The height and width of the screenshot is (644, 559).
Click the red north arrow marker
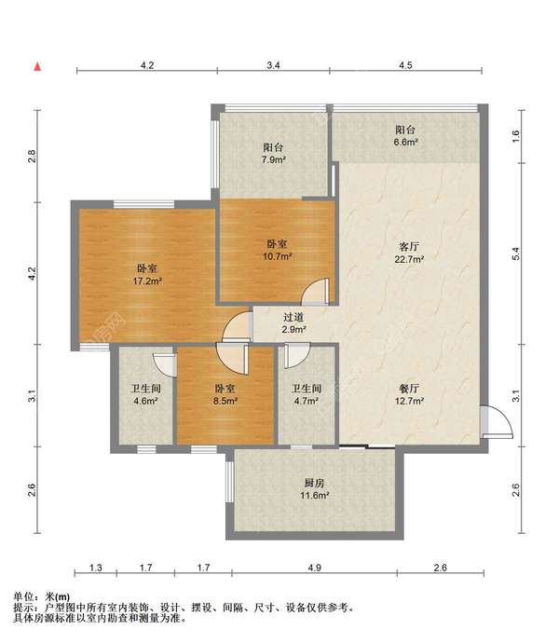[38, 66]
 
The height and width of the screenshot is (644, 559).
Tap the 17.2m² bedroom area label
[147, 281]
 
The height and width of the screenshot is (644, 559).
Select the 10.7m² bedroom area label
[277, 256]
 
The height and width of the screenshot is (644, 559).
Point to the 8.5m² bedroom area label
[225, 401]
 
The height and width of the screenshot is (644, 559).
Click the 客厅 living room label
[409, 247]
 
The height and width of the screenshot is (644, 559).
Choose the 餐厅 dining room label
[409, 389]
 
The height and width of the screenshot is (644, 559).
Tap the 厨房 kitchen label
[314, 483]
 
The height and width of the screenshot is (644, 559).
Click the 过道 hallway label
[293, 317]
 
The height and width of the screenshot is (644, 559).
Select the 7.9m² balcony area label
[274, 159]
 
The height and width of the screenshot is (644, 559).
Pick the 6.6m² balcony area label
[406, 142]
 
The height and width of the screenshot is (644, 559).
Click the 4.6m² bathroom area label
[145, 401]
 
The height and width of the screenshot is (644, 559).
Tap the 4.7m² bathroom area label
[307, 401]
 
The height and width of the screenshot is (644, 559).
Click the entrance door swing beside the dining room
[497, 422]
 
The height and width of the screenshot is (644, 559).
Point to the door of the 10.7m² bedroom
[315, 292]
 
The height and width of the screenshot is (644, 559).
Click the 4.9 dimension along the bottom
[314, 568]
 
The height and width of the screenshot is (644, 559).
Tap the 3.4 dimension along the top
[273, 65]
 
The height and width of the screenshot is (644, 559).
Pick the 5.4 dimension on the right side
[516, 253]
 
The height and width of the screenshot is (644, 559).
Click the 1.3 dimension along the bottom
[96, 568]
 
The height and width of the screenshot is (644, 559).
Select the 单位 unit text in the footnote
[23, 596]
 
